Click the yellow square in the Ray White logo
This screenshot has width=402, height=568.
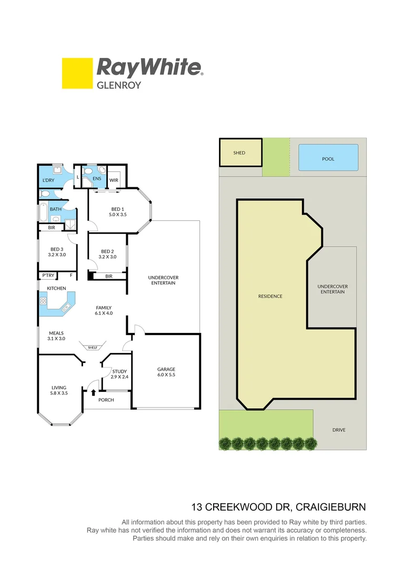[77, 73]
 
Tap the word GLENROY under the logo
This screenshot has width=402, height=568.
[119, 85]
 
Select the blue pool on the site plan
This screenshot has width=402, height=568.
[328, 157]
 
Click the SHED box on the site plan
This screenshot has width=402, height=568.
[240, 153]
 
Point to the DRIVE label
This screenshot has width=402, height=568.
[339, 430]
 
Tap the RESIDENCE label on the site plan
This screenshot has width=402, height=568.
[270, 296]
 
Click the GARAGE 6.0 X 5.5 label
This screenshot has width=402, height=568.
[166, 372]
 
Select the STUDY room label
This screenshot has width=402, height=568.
[119, 371]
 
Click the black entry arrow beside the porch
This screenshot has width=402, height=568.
[94, 392]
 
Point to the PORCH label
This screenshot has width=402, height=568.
[107, 400]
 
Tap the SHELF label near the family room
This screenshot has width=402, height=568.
[92, 348]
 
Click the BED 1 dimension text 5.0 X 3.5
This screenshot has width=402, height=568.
[118, 215]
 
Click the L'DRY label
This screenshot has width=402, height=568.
[49, 181]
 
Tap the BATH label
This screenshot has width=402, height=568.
[55, 209]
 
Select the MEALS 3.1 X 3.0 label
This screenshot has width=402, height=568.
[56, 336]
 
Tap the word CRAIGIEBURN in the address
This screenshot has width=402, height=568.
[331, 508]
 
